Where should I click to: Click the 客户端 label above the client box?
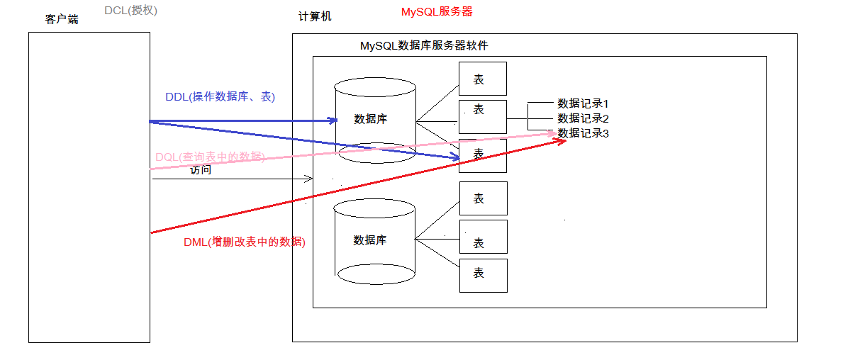(62, 19)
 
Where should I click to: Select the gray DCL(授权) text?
(130, 10)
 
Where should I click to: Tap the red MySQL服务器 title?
(437, 11)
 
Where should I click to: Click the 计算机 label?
(315, 16)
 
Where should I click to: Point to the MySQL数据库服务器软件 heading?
(423, 45)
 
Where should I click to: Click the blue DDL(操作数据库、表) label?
(220, 97)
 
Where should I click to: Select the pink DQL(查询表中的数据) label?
(210, 157)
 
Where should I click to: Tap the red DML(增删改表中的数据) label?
(244, 242)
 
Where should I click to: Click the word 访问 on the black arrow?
(201, 170)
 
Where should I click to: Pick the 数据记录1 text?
(583, 103)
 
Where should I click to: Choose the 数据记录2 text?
(583, 118)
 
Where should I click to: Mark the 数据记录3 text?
(583, 133)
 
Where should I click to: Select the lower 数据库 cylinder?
(374, 241)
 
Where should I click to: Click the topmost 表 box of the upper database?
(482, 79)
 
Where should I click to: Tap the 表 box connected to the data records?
(482, 116)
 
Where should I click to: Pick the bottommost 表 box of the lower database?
(483, 275)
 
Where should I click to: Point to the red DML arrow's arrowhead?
(562, 140)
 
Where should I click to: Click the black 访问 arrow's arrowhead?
(309, 179)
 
